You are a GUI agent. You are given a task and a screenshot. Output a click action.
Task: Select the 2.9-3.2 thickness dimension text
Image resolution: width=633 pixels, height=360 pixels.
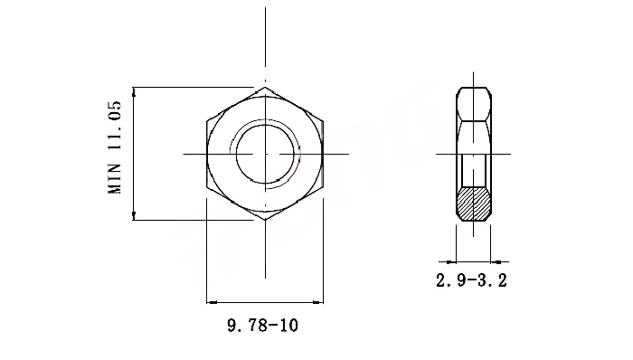click(471, 280)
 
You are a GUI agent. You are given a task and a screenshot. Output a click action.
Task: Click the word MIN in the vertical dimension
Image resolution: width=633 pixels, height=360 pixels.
click(115, 180)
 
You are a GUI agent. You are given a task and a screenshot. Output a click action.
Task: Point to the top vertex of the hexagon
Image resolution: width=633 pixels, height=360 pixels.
click(265, 88)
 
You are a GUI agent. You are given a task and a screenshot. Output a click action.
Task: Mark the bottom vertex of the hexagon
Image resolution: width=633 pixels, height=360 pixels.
click(265, 219)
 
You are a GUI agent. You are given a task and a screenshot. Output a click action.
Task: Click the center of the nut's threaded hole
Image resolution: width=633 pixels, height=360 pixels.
click(265, 154)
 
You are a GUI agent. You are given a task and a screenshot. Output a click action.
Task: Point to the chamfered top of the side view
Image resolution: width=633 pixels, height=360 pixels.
click(474, 90)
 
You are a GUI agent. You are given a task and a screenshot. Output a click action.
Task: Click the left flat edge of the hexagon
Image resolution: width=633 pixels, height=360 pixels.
click(207, 154)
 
